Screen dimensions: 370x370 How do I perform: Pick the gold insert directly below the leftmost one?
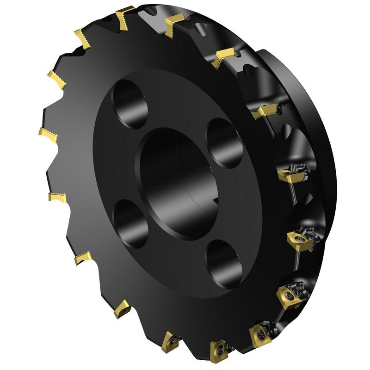point(58,197)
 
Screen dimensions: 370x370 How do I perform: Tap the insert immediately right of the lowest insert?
point(259,333)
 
